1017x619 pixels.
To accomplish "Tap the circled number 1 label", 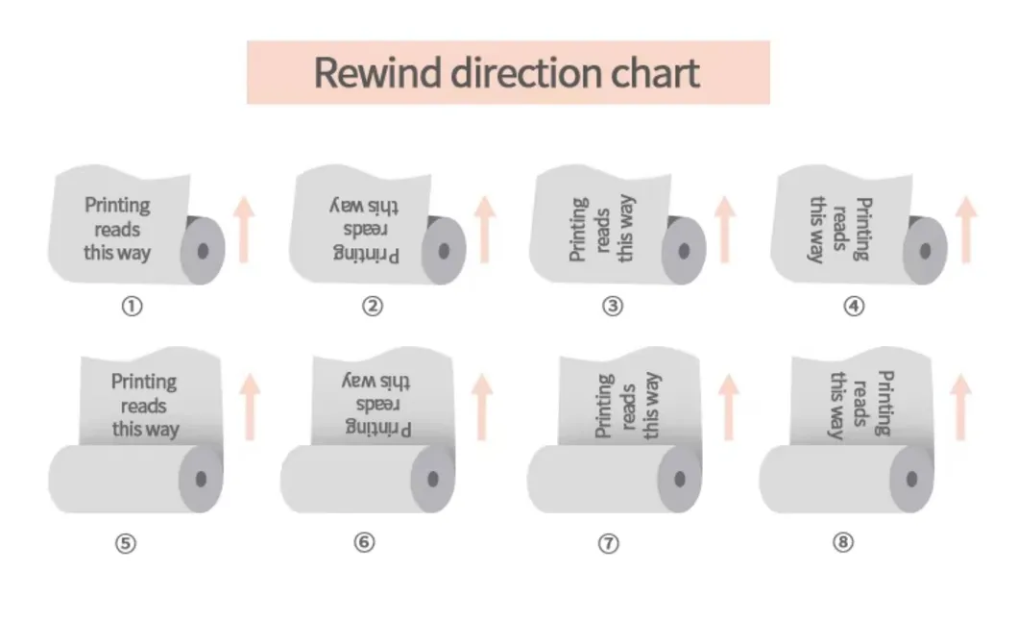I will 132,307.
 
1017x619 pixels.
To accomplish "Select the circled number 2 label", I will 373,307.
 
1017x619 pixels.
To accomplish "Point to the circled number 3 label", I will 613,307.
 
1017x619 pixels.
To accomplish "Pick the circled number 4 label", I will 854,307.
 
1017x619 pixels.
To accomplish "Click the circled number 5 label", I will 126,543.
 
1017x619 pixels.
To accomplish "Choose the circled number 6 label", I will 364,543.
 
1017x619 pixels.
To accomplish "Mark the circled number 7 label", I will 608,543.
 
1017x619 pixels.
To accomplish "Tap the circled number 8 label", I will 842,543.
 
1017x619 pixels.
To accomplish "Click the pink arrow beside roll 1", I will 245,228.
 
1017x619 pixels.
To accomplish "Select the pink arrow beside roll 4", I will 966,228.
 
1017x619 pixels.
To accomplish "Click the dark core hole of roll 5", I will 202,478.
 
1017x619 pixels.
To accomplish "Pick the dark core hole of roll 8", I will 912,478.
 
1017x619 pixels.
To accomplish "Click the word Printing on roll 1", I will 117,205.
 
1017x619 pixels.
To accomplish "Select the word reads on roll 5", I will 144,406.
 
